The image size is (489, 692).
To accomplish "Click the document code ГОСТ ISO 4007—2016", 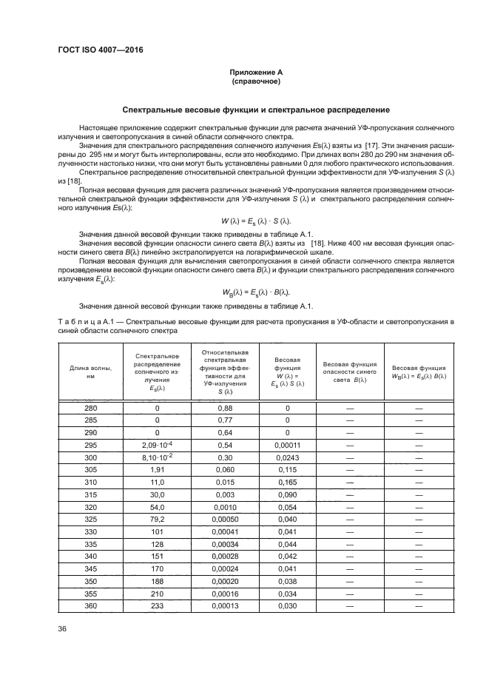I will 100,50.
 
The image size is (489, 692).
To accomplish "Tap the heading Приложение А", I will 255,72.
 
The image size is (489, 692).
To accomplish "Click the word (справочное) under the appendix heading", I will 255,81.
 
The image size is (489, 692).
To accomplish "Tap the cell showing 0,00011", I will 287,445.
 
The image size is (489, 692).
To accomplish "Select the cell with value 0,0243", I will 287,457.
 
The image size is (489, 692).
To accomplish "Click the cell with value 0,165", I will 287,481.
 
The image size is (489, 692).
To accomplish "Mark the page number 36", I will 62,629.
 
